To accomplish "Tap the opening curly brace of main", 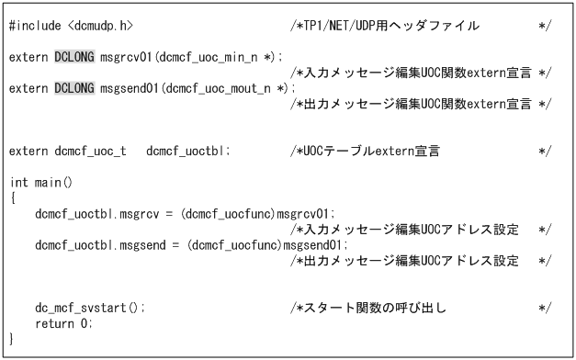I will coord(12,198).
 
